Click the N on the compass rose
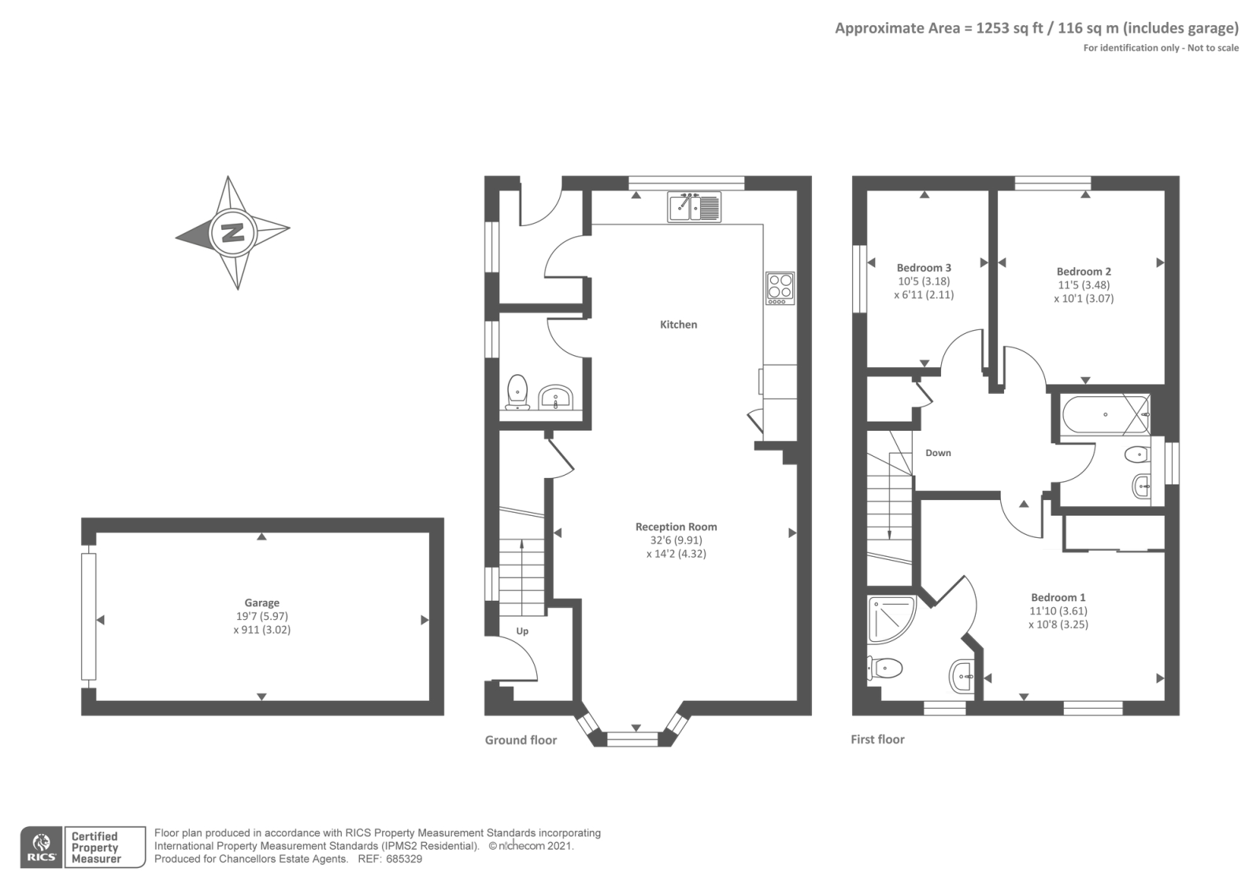232,232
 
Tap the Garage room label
261,603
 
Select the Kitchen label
678,324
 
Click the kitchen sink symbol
694,207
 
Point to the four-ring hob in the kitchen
780,288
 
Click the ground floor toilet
517,391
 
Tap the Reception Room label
676,527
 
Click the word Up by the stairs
522,631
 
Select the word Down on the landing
938,453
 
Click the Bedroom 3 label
924,268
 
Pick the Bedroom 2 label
1084,272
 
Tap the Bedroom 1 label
1058,598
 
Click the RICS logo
41,847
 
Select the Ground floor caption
521,740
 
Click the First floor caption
877,740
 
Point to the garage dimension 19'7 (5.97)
261,617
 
